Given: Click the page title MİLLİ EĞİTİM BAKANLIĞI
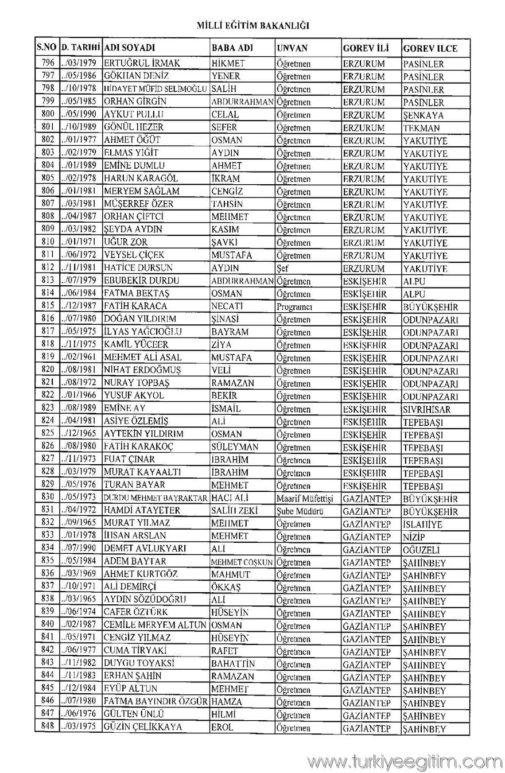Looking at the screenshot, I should pyautogui.click(x=252, y=26).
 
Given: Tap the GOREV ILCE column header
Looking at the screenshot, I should pyautogui.click(x=430, y=48).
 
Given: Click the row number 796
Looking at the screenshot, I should pyautogui.click(x=48, y=63).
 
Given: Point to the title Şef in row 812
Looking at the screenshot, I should pyautogui.click(x=282, y=268).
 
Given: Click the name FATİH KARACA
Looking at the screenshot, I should pyautogui.click(x=135, y=306).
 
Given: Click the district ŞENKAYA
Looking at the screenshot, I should pyautogui.click(x=423, y=115).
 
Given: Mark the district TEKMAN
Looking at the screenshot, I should pyautogui.click(x=421, y=128).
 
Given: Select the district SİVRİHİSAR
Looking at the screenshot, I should pyautogui.click(x=426, y=409).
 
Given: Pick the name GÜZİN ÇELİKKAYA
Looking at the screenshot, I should pyautogui.click(x=143, y=728).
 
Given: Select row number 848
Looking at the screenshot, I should pyautogui.click(x=48, y=727).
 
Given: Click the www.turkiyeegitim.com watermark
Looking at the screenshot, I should pyautogui.click(x=404, y=762).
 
